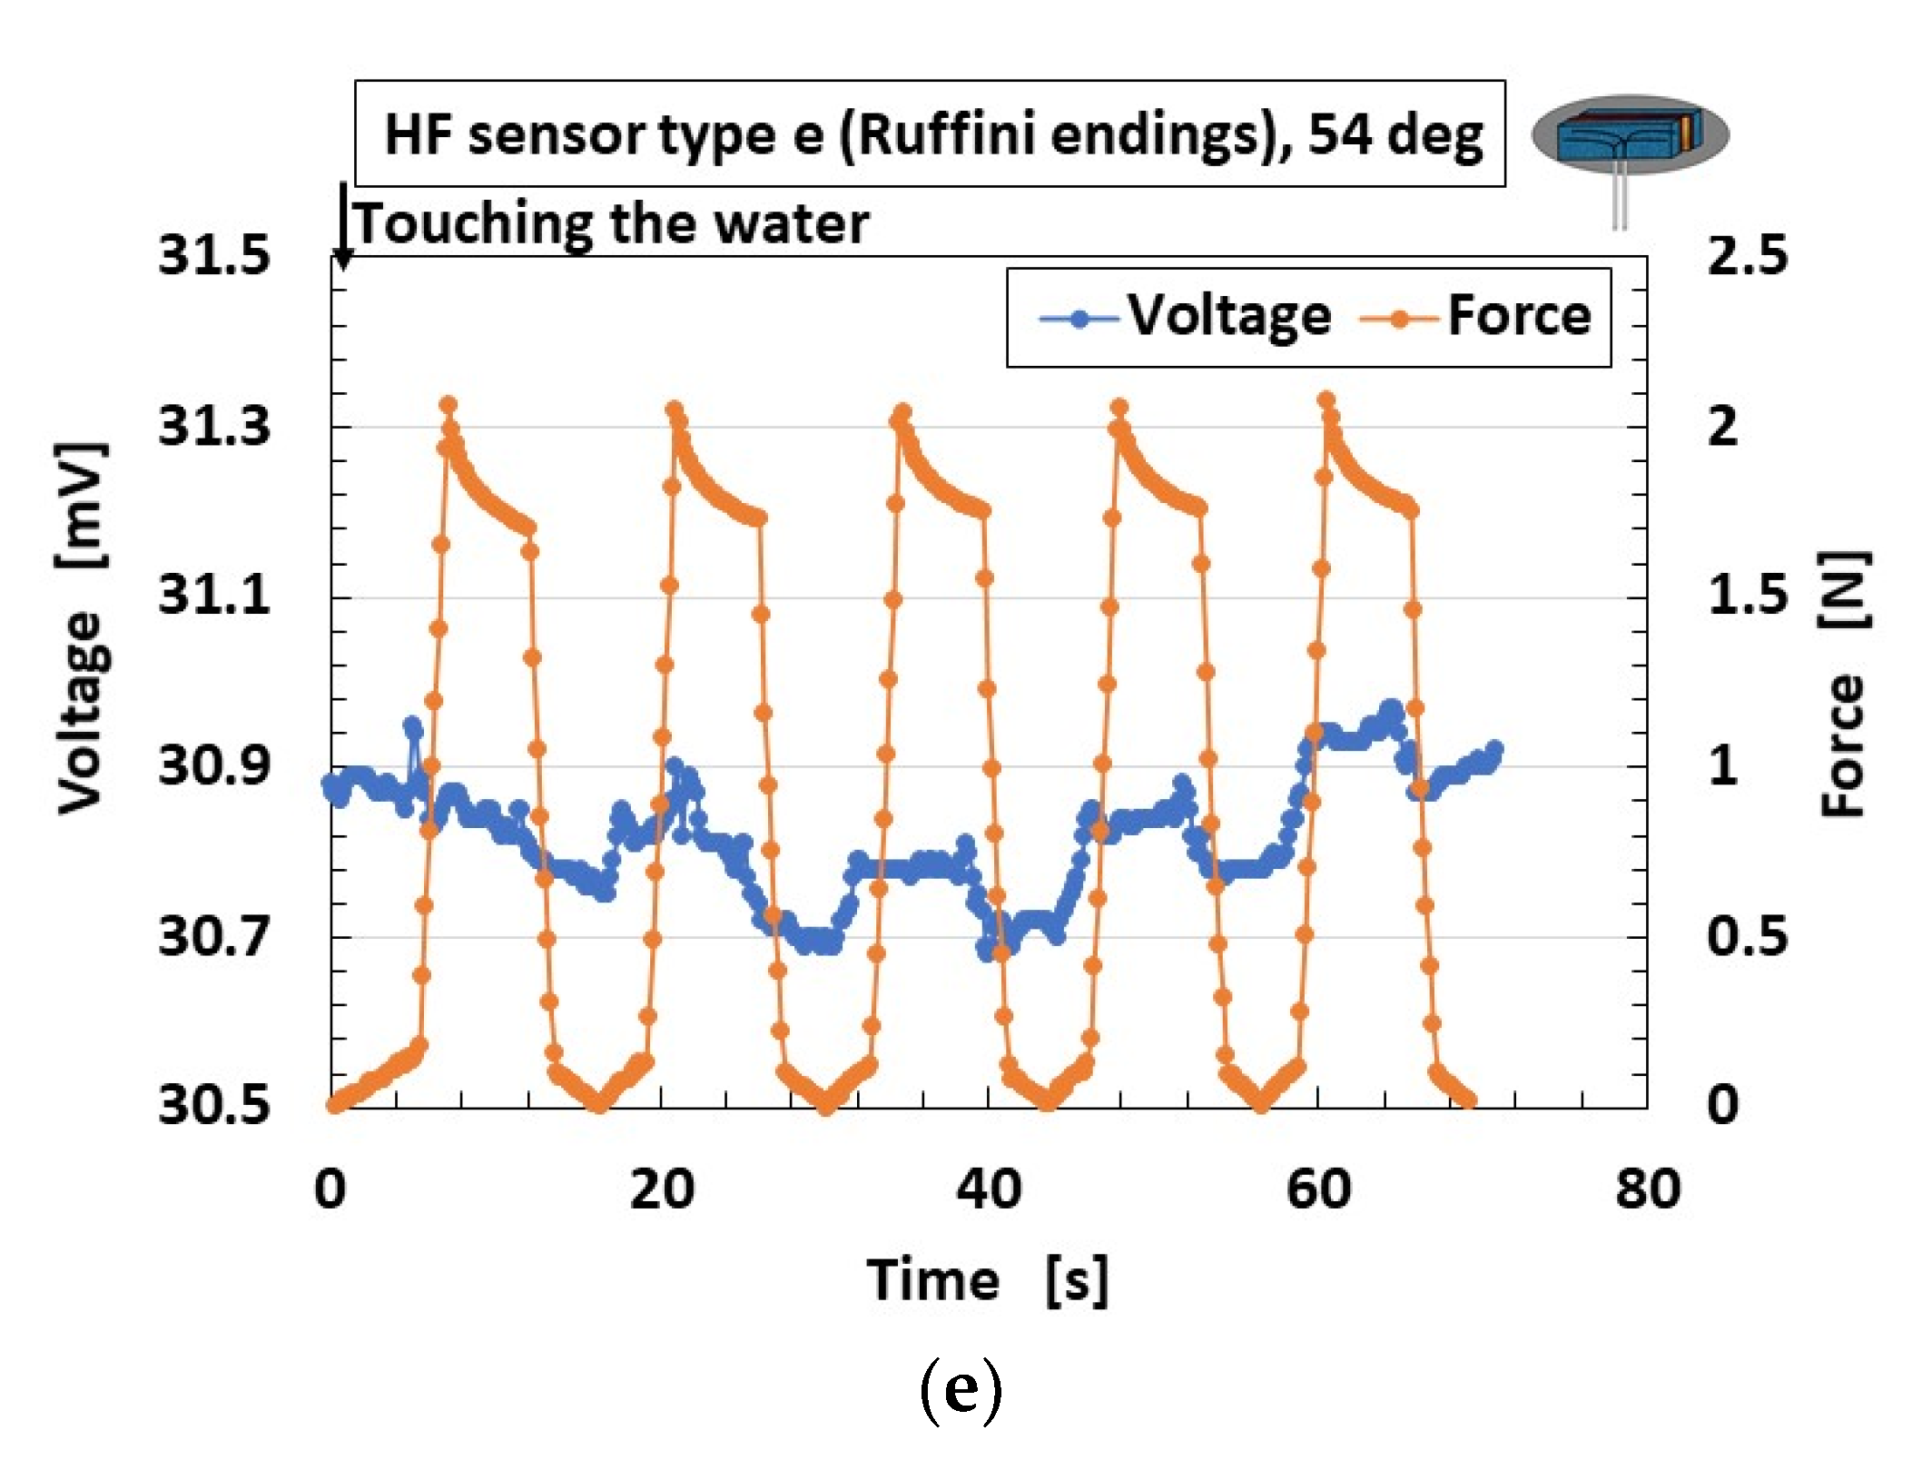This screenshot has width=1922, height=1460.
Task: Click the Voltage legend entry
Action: [x=1185, y=316]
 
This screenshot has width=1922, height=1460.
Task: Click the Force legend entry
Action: [x=1477, y=316]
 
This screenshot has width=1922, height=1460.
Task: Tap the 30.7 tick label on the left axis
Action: [x=214, y=935]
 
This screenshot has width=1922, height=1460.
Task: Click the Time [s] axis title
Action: [x=987, y=1280]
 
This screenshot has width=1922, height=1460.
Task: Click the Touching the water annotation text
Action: [x=612, y=223]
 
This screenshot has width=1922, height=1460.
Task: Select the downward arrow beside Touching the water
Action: [x=343, y=227]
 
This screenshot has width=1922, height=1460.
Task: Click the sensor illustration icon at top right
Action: [x=1630, y=136]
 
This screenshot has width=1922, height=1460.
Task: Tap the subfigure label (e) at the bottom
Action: [x=961, y=1389]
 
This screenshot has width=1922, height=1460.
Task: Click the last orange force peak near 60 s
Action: [x=1326, y=400]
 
